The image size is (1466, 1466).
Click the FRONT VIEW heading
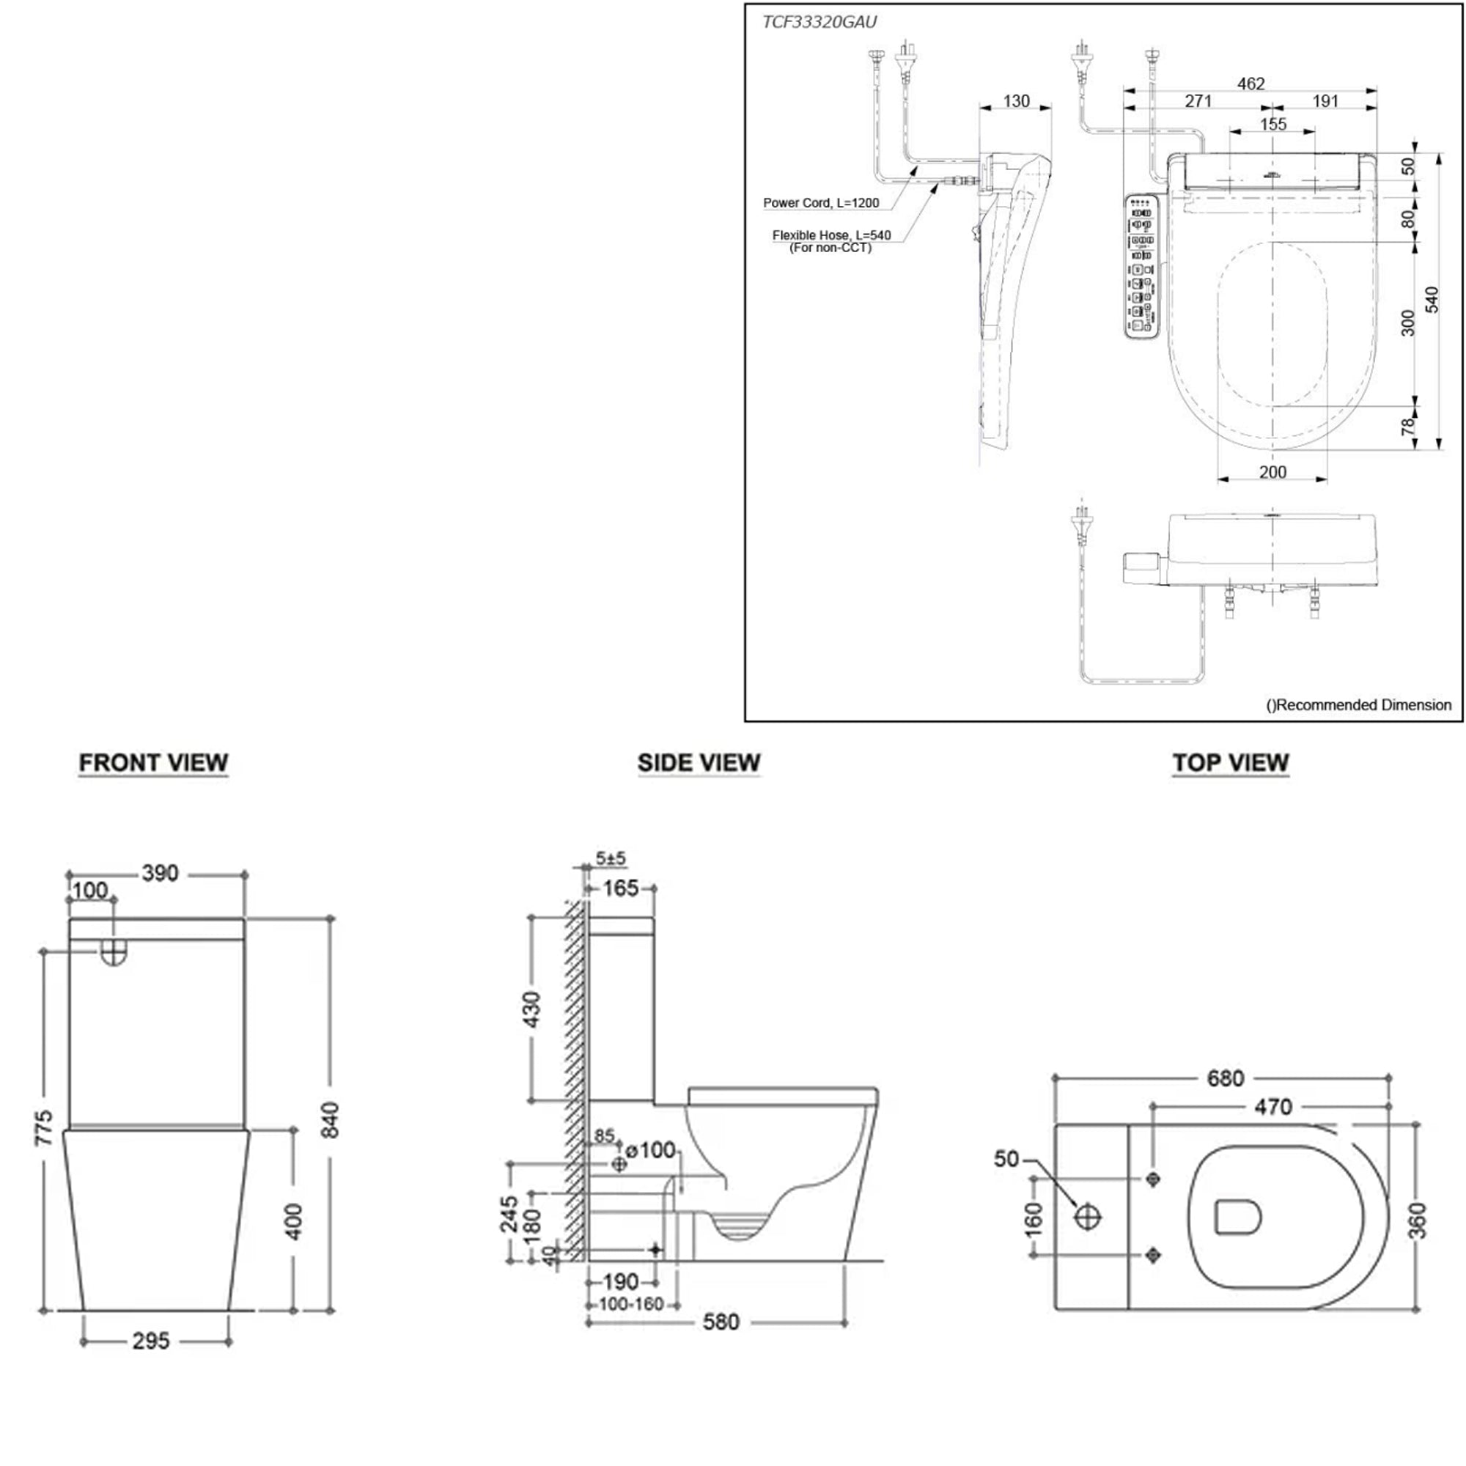(x=153, y=762)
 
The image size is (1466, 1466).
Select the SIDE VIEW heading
(x=698, y=762)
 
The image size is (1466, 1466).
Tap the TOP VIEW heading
(x=1230, y=762)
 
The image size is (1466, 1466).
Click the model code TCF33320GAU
(x=819, y=22)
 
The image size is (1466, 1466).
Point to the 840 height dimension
(x=330, y=1120)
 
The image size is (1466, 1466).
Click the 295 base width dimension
(x=151, y=1341)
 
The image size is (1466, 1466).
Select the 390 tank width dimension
(x=160, y=874)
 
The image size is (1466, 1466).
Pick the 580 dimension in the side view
(x=720, y=1322)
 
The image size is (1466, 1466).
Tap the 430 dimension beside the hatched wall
(x=532, y=1009)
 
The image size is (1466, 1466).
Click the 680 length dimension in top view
(x=1226, y=1078)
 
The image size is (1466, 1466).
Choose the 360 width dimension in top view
(x=1416, y=1220)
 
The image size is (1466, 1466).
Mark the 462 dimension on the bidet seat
(x=1250, y=84)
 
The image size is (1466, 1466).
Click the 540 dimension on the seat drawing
(x=1431, y=300)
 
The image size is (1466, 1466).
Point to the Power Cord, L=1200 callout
(x=821, y=202)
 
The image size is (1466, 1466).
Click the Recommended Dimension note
(x=1358, y=705)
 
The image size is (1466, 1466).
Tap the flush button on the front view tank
(x=113, y=953)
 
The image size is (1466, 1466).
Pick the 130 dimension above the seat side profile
(x=1016, y=101)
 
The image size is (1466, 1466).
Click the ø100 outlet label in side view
(x=650, y=1151)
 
